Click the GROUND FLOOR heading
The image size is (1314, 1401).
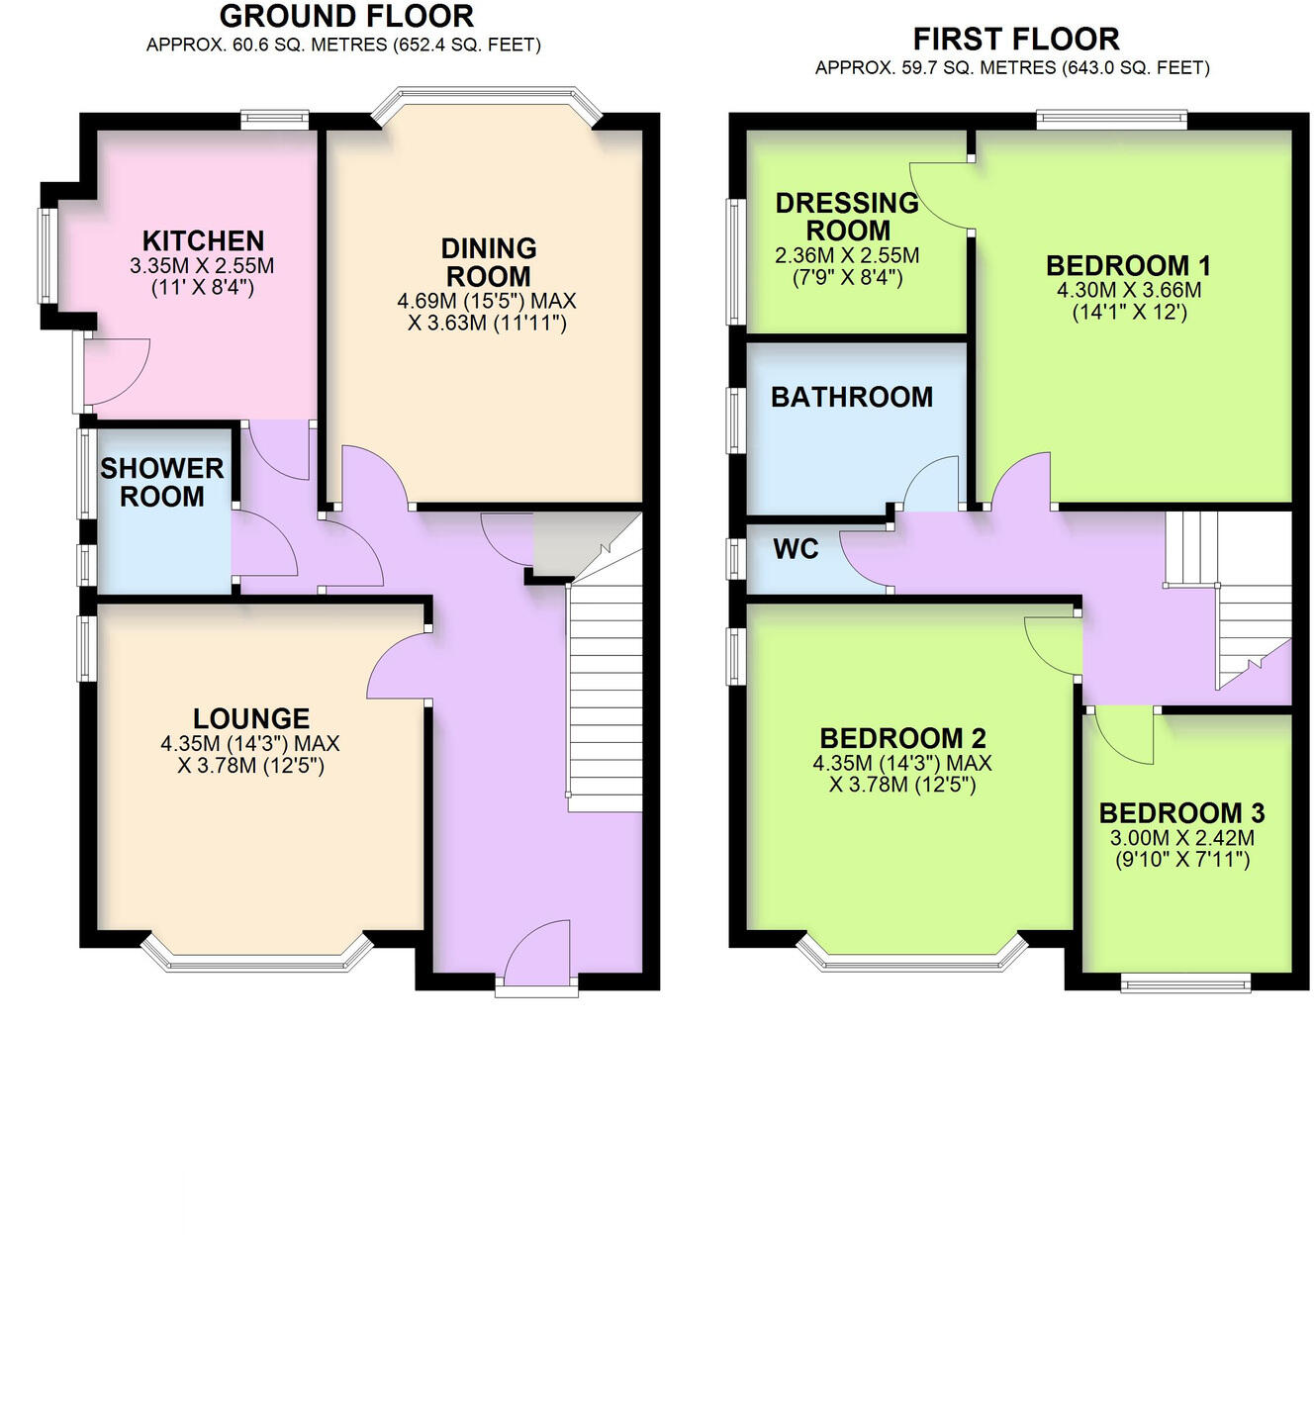click(x=346, y=17)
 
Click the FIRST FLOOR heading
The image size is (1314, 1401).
click(x=1015, y=40)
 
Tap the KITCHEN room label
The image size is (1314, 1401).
click(x=203, y=240)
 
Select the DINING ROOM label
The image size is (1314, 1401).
click(x=488, y=262)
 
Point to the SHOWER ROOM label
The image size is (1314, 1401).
click(x=162, y=482)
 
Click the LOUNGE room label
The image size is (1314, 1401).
click(x=251, y=718)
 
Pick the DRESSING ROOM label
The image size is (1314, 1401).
click(x=847, y=217)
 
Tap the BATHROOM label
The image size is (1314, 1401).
click(x=852, y=397)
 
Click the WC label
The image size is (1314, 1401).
click(x=796, y=549)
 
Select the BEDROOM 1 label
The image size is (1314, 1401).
click(x=1128, y=265)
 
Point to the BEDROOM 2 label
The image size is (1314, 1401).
click(x=902, y=738)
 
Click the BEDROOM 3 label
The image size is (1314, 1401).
click(x=1181, y=813)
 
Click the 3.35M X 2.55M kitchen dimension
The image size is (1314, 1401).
click(x=202, y=266)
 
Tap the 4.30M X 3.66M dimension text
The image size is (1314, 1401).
click(x=1129, y=290)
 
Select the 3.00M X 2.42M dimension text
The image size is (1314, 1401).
click(x=1181, y=838)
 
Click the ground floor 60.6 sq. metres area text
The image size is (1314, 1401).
click(x=343, y=45)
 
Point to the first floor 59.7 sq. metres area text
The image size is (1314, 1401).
click(x=1012, y=68)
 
